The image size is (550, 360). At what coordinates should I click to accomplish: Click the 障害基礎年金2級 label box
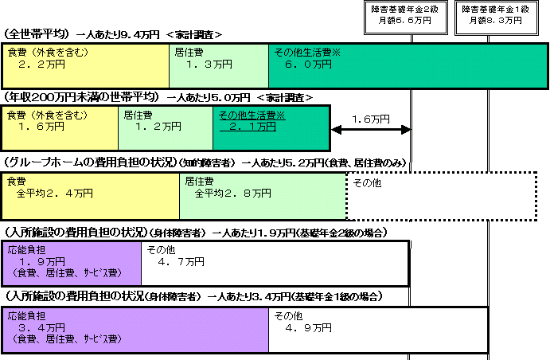[406, 18]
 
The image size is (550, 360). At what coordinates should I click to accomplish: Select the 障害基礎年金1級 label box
[497, 18]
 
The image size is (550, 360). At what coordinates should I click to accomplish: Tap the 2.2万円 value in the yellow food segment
[41, 65]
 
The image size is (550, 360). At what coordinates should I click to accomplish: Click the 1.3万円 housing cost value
[209, 65]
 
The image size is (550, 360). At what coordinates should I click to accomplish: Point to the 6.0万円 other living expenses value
[308, 65]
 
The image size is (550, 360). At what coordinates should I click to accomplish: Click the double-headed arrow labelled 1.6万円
[371, 130]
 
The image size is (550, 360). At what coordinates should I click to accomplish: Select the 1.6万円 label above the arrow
[371, 119]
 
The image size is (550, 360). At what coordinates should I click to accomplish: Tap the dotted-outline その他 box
[442, 196]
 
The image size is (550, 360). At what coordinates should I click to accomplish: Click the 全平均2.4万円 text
[55, 193]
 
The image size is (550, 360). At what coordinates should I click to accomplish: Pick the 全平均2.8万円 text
[233, 193]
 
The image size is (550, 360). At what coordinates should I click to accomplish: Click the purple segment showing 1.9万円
[72, 263]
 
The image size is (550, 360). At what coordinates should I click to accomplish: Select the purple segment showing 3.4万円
[135, 330]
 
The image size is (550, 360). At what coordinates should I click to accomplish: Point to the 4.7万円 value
[181, 262]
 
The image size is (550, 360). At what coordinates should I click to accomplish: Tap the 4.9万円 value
[308, 328]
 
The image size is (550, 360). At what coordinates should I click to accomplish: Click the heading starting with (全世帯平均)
[113, 34]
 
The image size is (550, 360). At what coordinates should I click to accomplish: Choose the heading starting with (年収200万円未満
[158, 97]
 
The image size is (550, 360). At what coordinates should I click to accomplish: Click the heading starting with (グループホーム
[205, 162]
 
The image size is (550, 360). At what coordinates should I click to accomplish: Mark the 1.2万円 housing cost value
[158, 127]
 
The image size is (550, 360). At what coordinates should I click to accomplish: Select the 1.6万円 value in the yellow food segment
[41, 127]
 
